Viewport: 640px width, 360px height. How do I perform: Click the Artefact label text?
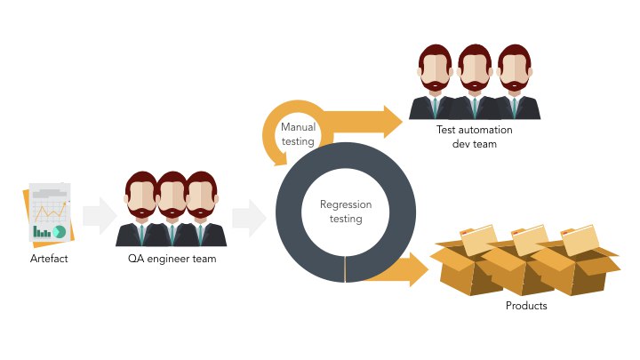click(x=49, y=259)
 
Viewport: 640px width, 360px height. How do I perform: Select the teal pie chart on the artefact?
click(x=60, y=231)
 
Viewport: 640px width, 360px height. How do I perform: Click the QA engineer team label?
click(x=172, y=259)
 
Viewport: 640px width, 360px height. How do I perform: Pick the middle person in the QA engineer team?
click(x=171, y=210)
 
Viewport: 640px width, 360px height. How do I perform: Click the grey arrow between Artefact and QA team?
click(x=99, y=216)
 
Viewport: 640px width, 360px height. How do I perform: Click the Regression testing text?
click(x=345, y=212)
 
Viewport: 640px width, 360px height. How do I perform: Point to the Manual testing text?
click(x=298, y=134)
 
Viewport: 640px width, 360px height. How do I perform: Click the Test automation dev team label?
click(x=467, y=136)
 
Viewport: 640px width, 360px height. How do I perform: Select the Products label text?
click(x=525, y=306)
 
